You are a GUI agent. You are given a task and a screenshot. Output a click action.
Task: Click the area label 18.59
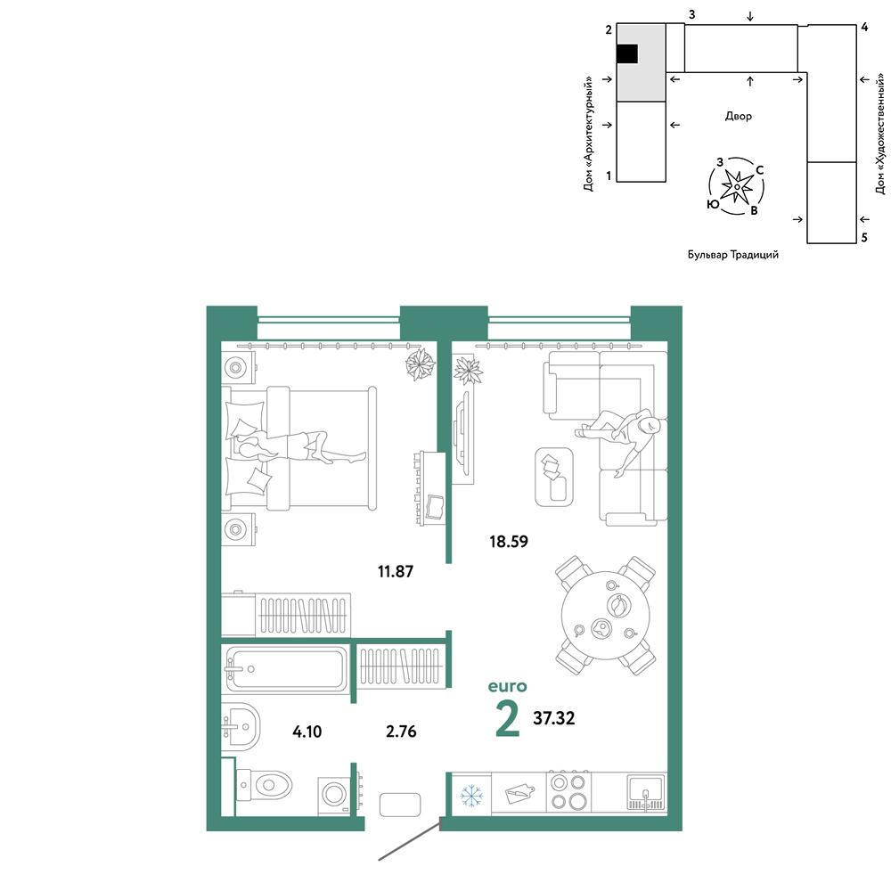click(x=509, y=542)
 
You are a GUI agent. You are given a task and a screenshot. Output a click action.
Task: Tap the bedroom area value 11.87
click(x=396, y=571)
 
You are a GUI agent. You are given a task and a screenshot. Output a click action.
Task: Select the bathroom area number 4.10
click(x=307, y=732)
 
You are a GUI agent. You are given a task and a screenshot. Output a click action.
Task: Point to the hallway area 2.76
click(x=401, y=732)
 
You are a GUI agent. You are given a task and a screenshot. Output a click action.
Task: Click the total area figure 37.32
click(x=553, y=718)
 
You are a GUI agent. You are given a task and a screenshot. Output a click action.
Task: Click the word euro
click(x=508, y=686)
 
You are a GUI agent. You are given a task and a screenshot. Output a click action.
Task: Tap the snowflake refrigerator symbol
click(x=471, y=796)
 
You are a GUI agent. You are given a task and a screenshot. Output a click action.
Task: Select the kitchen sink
click(x=646, y=792)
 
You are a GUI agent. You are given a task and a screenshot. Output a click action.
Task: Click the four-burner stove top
click(x=568, y=791)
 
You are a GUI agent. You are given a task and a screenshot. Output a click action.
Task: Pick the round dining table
click(x=606, y=616)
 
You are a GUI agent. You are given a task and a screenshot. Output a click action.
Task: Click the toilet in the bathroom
click(x=264, y=786)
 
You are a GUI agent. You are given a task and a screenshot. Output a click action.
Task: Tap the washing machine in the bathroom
click(x=333, y=795)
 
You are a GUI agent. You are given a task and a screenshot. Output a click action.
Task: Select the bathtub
click(x=284, y=669)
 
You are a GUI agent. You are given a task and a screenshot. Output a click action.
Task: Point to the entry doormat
click(x=400, y=805)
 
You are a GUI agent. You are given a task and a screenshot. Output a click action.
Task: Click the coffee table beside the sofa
click(x=554, y=477)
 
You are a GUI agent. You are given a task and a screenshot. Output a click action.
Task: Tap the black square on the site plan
click(x=626, y=54)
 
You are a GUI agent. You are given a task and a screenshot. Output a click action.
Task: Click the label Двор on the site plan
click(x=738, y=117)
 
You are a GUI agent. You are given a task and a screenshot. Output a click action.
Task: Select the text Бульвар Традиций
click(x=733, y=255)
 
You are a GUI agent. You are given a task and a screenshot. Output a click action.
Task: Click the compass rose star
click(x=737, y=186)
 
